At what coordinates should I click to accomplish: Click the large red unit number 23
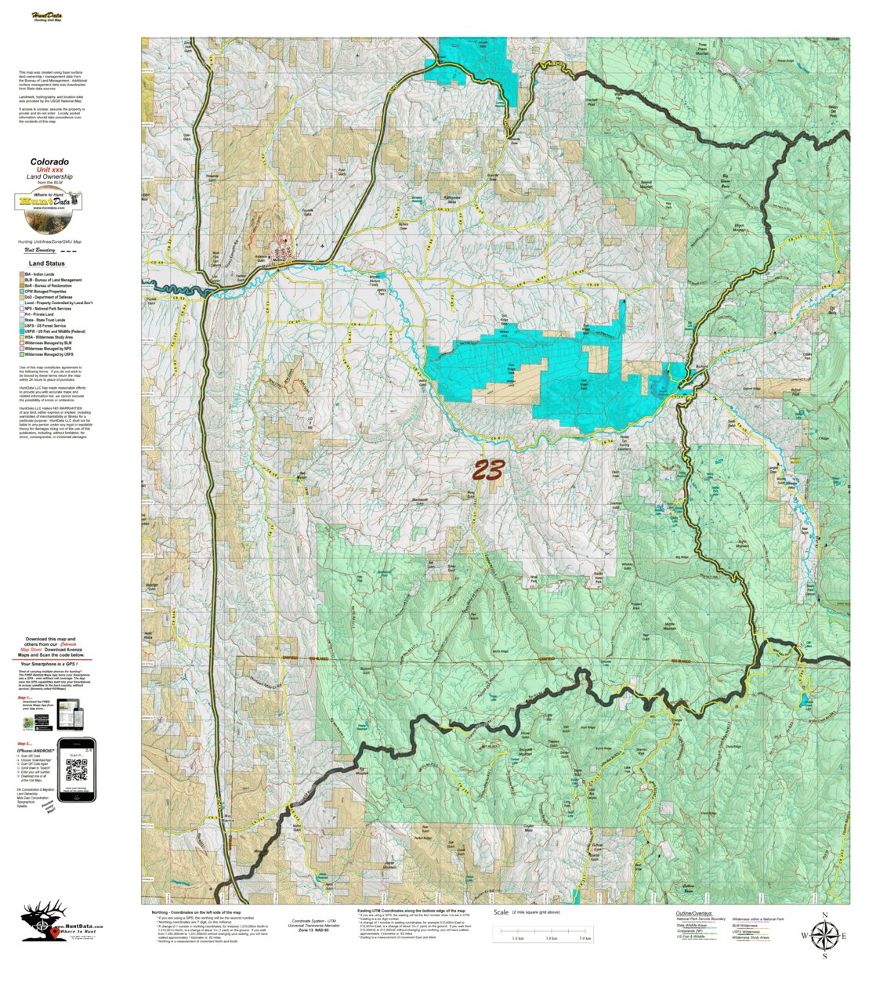[x=487, y=470]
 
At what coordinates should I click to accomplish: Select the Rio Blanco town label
[x=228, y=819]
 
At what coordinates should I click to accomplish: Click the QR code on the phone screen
[x=77, y=770]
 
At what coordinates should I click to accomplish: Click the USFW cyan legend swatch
[x=21, y=332]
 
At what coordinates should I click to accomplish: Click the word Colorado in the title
[x=49, y=162]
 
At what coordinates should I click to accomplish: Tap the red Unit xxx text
[x=49, y=170]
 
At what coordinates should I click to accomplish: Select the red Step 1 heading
[x=25, y=697]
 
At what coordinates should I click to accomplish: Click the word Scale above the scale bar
[x=501, y=913]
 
